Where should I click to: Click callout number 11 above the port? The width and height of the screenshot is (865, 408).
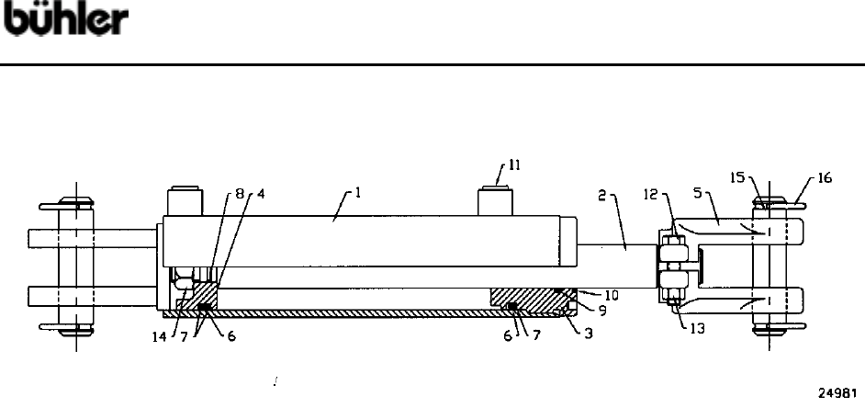tap(515, 166)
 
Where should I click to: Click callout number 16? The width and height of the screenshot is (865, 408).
tap(824, 178)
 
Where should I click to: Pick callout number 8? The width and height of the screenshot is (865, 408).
tap(240, 195)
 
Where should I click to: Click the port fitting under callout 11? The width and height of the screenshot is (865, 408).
tap(496, 201)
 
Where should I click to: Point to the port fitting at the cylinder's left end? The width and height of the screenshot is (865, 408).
tap(182, 201)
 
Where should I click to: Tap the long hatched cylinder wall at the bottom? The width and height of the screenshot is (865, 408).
tap(349, 313)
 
